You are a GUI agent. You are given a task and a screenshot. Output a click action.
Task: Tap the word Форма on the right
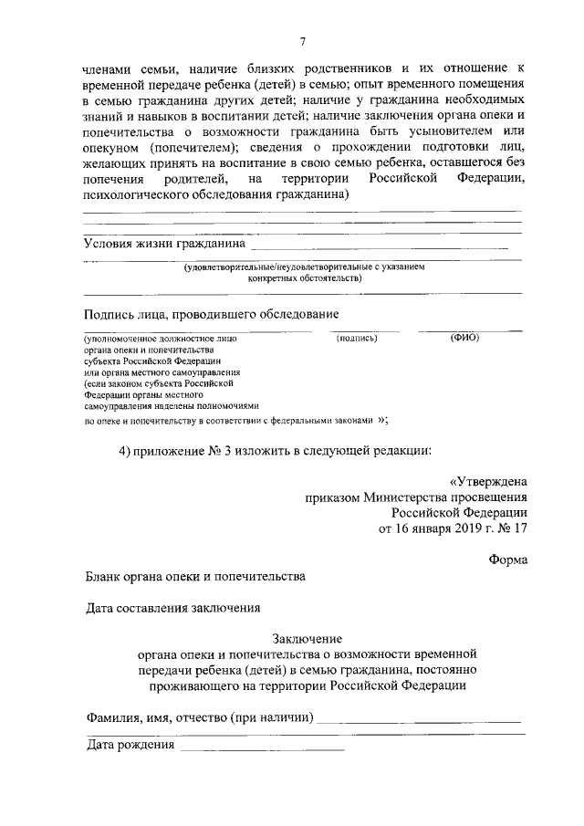coord(507,559)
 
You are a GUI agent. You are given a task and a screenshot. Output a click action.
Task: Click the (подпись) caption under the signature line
coord(357,338)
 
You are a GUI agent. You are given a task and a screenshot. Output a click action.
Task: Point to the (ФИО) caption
coord(464,338)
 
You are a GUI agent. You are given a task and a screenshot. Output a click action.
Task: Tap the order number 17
coord(518,528)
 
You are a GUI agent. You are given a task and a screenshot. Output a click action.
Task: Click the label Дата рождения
coord(130,747)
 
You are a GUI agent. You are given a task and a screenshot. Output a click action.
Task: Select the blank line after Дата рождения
coord(262,748)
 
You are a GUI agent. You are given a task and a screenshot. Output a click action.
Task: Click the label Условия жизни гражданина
coord(164,244)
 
